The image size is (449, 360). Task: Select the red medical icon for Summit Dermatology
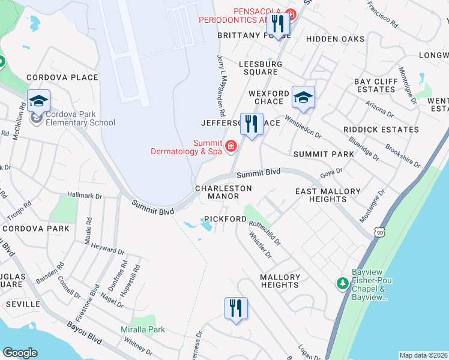point(230,146)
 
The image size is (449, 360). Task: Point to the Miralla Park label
point(143,329)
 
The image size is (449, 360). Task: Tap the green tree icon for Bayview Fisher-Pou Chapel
point(342,282)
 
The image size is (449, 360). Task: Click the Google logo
point(20,353)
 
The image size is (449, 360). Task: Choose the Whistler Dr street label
point(261,246)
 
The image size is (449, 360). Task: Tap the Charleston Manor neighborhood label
point(223,192)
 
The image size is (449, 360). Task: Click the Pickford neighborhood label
point(224,219)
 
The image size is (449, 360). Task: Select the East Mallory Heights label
point(328,196)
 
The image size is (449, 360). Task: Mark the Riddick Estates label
point(373,129)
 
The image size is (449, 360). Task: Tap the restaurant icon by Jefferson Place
point(252,125)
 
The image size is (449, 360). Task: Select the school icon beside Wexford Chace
point(303,97)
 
